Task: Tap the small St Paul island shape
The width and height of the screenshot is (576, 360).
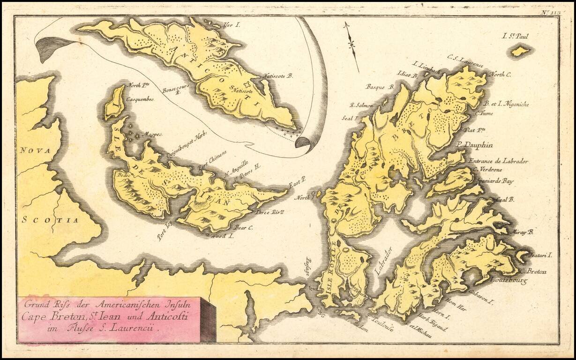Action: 520,51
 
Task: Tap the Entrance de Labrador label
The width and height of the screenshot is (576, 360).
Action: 499,161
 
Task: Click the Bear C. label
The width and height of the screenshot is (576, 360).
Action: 244,227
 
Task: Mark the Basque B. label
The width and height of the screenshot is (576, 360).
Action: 380,87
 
